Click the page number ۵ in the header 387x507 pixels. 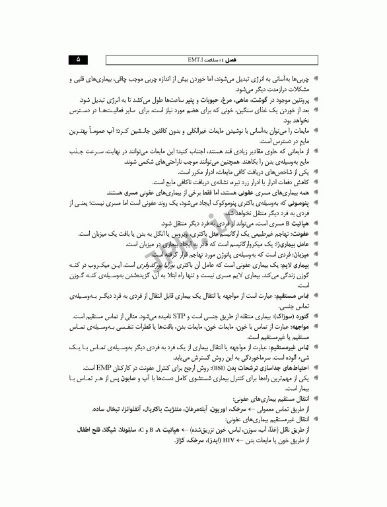[x=79, y=59]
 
